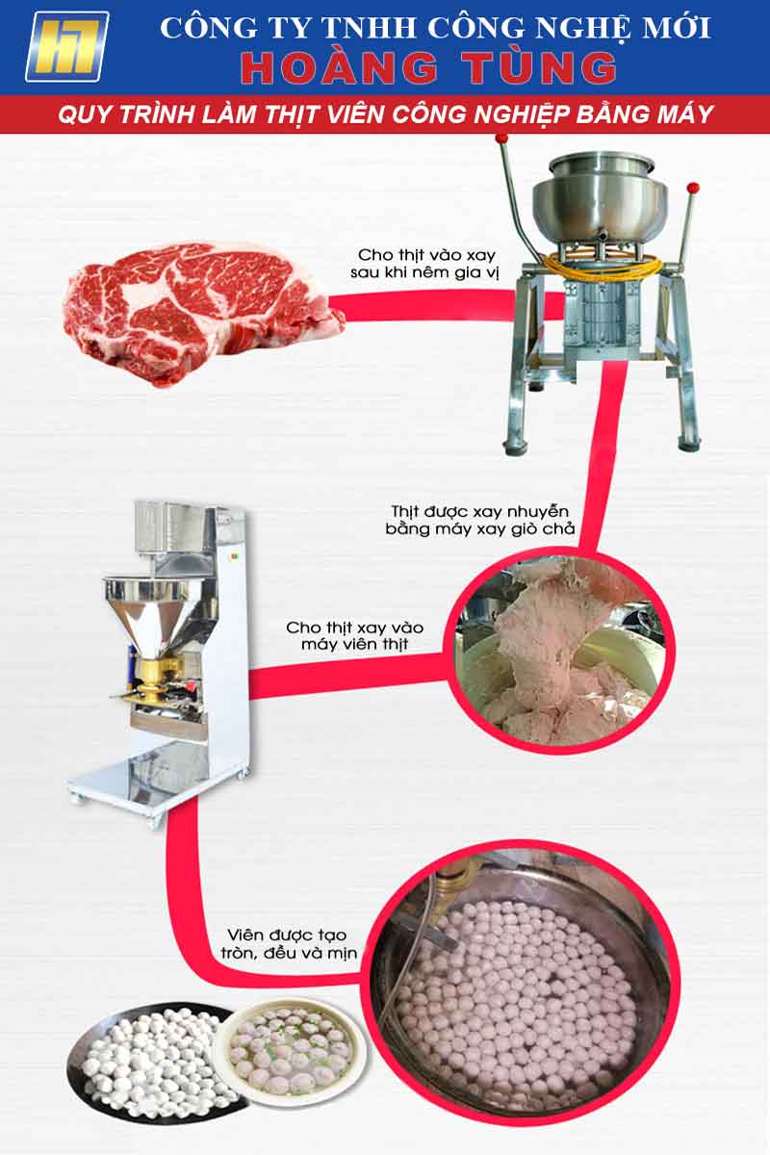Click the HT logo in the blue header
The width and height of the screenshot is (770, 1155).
pos(67,47)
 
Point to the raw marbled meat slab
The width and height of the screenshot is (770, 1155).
pos(203,312)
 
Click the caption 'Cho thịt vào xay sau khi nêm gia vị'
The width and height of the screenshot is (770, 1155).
pos(424,263)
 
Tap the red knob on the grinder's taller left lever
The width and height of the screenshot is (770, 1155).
pos(500,139)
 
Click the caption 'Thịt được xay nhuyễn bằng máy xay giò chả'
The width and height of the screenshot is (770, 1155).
pos(479,520)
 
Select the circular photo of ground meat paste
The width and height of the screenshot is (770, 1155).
pos(559,654)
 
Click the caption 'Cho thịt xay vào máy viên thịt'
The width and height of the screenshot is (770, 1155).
pos(355,635)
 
